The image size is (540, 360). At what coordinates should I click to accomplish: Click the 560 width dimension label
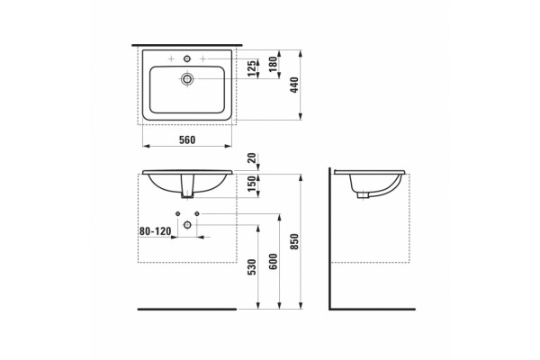pyautogui.click(x=187, y=139)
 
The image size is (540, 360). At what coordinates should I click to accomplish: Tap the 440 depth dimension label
pyautogui.click(x=294, y=85)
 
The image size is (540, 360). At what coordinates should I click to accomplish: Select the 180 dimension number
pyautogui.click(x=273, y=65)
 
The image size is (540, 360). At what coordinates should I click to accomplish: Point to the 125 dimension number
pyautogui.click(x=252, y=68)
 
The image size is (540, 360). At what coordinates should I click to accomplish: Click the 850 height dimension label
pyautogui.click(x=294, y=241)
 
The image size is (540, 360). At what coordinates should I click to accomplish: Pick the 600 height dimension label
pyautogui.click(x=273, y=262)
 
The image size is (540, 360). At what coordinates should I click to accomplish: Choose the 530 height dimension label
pyautogui.click(x=252, y=267)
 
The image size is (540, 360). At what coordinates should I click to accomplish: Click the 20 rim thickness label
pyautogui.click(x=252, y=158)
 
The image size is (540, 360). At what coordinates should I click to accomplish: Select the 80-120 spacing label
pyautogui.click(x=155, y=231)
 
